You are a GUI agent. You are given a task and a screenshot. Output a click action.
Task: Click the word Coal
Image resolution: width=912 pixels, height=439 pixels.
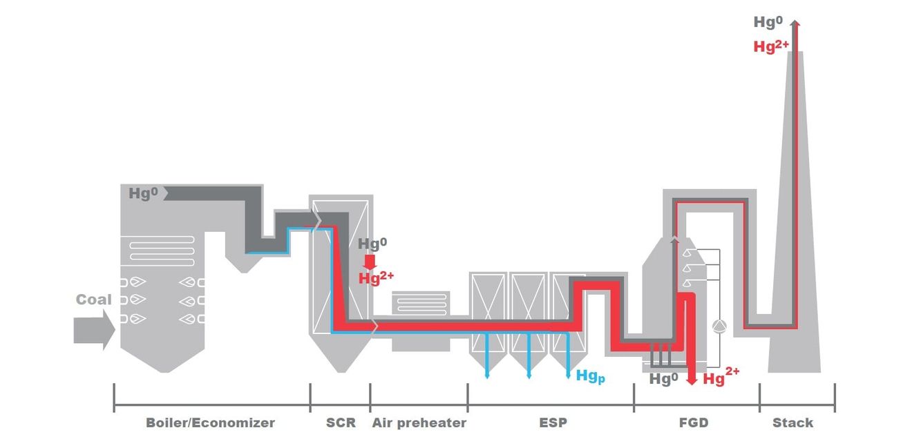(x=93, y=300)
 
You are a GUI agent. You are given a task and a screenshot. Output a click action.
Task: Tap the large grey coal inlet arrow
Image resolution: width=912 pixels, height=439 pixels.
(x=95, y=330)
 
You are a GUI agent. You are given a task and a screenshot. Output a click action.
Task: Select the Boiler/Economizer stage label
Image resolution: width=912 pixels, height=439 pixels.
(x=210, y=422)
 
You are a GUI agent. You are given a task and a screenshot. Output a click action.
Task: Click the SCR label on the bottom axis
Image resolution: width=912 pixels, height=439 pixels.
(x=341, y=422)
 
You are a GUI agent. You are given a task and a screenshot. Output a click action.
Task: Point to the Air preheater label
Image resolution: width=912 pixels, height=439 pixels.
(x=419, y=422)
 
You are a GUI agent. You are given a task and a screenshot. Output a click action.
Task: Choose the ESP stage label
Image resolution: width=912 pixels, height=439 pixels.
(x=553, y=422)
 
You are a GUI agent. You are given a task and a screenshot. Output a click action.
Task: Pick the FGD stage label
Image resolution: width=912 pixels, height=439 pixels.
(x=694, y=422)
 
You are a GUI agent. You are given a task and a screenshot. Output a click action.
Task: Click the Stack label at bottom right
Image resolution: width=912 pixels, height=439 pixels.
(x=792, y=422)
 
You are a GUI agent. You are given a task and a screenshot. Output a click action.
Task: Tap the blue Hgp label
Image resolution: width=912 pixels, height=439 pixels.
(x=590, y=376)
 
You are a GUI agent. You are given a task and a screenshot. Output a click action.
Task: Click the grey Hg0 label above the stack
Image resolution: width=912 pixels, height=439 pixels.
(x=768, y=22)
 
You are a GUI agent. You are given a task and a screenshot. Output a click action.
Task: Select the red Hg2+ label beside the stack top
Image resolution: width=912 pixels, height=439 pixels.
(x=771, y=46)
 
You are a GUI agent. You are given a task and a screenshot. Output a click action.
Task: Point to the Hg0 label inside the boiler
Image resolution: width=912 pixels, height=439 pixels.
(x=143, y=193)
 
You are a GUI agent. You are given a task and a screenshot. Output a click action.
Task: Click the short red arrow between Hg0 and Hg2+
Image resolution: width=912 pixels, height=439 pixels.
(x=370, y=262)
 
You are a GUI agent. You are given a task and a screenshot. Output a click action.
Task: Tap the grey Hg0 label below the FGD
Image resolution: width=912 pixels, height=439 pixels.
(x=663, y=379)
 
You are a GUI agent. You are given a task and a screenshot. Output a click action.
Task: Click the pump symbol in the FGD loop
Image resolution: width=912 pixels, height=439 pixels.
(x=719, y=326)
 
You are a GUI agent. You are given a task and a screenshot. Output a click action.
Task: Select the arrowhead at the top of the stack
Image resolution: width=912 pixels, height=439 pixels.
(x=795, y=23)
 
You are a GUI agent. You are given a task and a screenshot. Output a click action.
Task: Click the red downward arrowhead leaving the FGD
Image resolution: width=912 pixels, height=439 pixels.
(x=692, y=381)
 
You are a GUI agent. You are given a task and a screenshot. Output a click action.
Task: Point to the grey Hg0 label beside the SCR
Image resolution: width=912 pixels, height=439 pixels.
(x=372, y=244)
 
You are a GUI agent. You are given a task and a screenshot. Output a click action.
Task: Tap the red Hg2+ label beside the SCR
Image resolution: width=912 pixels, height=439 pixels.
(x=376, y=278)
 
